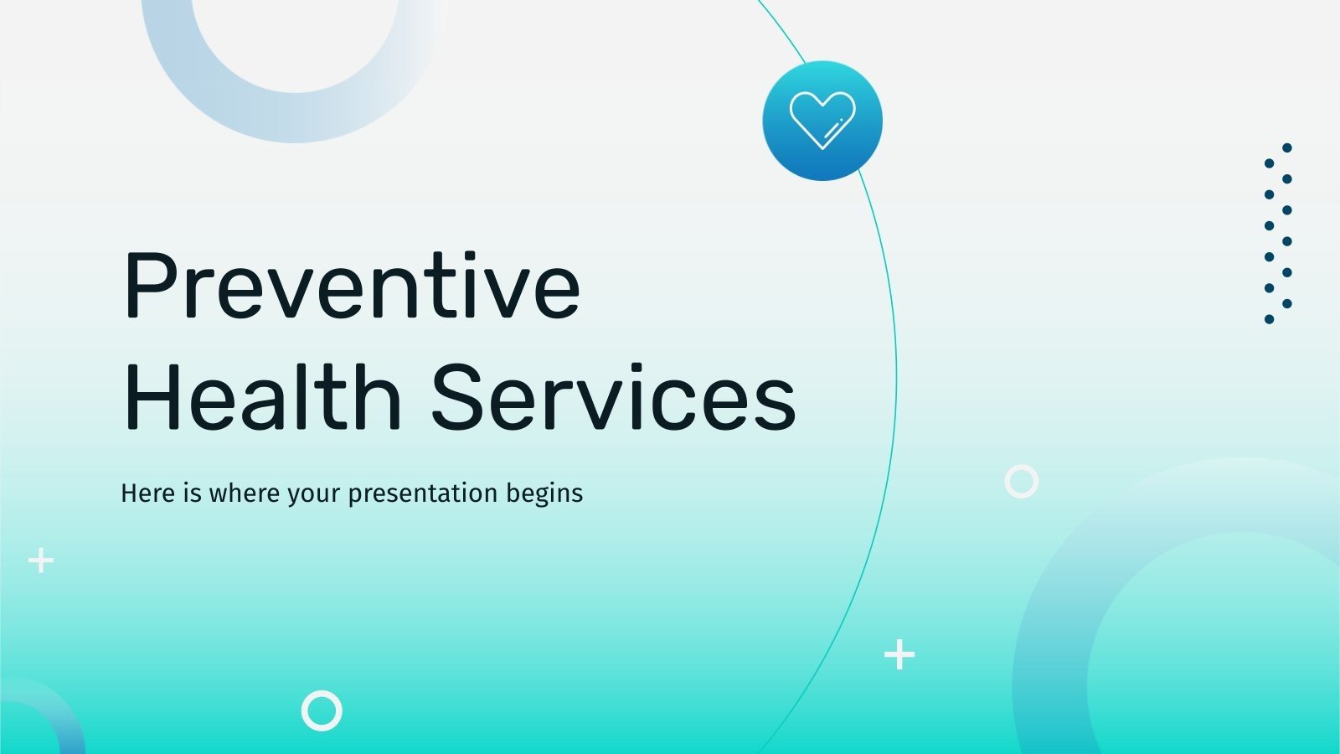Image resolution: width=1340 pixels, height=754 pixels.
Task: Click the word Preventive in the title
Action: click(x=352, y=287)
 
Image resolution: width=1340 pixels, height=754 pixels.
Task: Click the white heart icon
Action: click(x=822, y=120)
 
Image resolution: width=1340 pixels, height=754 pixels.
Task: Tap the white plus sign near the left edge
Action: click(x=40, y=560)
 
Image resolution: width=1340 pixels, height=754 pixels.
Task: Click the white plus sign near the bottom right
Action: click(x=899, y=654)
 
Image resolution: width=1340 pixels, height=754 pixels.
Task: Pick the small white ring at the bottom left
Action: click(x=322, y=710)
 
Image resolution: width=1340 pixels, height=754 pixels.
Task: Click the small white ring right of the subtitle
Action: click(x=1021, y=482)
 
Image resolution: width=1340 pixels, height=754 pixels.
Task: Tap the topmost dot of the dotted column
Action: click(x=1287, y=147)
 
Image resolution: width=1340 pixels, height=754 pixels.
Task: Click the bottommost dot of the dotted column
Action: click(x=1269, y=319)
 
